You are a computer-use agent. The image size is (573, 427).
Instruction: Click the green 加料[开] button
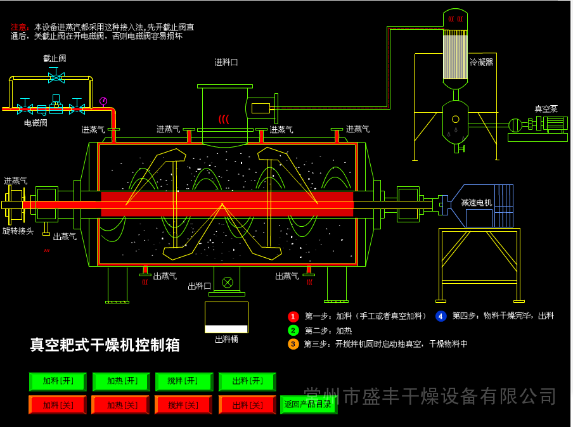58,381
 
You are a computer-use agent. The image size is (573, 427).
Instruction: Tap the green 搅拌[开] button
184,381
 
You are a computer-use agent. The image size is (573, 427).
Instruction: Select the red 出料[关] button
247,405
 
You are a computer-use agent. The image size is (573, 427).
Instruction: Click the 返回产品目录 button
308,404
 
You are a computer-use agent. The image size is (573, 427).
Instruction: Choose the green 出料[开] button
247,381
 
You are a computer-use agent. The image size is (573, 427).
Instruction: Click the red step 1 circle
293,316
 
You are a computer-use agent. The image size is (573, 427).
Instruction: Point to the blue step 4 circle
441,316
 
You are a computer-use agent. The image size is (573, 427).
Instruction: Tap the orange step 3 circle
293,344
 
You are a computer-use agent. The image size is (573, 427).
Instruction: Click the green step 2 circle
293,330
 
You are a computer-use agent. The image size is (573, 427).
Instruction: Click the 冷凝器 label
481,62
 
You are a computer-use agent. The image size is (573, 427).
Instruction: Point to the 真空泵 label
546,109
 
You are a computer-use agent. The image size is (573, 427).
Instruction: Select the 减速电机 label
476,203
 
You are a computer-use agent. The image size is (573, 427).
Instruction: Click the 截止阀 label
55,58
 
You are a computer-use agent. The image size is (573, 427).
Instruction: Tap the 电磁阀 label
35,123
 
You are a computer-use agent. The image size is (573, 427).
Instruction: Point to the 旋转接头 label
18,231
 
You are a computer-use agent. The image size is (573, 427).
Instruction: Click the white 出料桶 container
226,317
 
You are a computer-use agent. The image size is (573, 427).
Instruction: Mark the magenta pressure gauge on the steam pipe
103,101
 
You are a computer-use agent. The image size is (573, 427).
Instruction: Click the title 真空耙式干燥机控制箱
105,345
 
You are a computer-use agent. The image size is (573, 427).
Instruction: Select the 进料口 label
226,62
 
